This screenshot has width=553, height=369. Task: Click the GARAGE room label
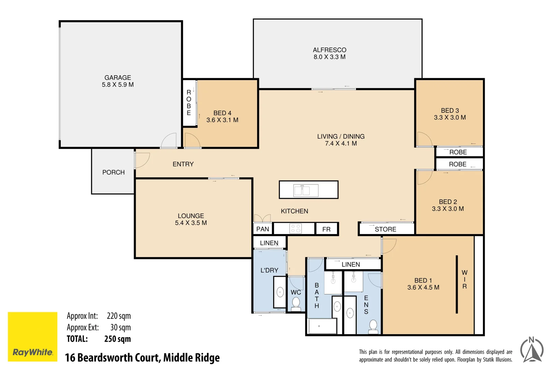tap(117, 78)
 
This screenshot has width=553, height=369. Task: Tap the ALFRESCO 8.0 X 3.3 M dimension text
tap(329, 57)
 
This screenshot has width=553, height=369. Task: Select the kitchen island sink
tap(306, 190)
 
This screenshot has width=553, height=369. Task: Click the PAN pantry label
tap(263, 229)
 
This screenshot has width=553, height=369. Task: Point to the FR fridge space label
tap(326, 229)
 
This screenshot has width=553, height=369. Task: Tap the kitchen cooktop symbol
tap(295, 229)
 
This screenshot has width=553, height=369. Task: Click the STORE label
tap(385, 229)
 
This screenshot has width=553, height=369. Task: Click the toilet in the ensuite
tap(373, 326)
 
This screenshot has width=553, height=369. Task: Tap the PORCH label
tap(113, 173)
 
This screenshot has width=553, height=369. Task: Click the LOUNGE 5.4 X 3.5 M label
tap(191, 219)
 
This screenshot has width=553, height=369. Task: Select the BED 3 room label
tap(450, 111)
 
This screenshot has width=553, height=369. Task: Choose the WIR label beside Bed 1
tap(464, 279)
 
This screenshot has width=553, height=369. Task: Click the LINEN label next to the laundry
tap(269, 243)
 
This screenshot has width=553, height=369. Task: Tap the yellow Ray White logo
tap(32, 337)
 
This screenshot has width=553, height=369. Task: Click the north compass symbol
tap(531, 350)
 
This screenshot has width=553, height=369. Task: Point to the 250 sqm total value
tap(117, 339)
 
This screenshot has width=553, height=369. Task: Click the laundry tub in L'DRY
tap(280, 292)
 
